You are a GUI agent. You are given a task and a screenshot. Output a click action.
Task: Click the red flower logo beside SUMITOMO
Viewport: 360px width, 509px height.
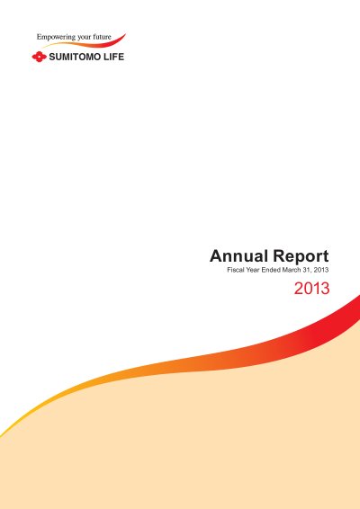coord(39,57)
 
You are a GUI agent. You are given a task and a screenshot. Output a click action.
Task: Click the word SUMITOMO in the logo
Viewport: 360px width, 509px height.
coord(74,57)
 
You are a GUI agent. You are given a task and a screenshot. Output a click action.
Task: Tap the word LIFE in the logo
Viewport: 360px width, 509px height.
coord(113,57)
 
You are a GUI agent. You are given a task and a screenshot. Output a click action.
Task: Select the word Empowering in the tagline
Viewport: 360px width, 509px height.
coord(56,38)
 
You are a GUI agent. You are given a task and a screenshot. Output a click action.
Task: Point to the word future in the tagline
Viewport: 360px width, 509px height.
coord(102,37)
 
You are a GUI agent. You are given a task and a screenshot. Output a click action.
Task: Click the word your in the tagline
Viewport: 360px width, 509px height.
coord(84,38)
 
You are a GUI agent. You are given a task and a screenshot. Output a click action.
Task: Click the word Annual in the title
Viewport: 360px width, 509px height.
coord(238,255)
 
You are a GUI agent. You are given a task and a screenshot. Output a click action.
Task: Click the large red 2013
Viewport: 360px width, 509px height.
coord(312,289)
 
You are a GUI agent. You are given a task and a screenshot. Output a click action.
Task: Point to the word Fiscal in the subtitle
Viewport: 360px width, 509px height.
coord(236,270)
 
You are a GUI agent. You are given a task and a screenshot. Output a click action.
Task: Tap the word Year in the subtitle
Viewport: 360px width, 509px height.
coord(253,270)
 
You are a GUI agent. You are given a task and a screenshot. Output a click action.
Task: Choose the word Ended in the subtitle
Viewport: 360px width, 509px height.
coord(271,270)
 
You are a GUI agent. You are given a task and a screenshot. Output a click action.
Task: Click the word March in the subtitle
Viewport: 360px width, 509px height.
coord(292,270)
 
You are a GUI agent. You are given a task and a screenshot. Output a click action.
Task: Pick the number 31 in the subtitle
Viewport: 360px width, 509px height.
coord(307,270)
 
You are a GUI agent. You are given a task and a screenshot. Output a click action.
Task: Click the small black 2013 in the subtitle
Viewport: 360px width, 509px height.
coord(321,270)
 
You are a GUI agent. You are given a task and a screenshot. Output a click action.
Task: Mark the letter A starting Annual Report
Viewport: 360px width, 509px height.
coord(216,255)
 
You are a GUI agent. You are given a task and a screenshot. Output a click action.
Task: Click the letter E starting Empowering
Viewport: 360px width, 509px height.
coord(40,37)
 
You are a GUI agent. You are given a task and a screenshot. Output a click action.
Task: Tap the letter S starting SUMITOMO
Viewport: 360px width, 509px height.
coord(52,57)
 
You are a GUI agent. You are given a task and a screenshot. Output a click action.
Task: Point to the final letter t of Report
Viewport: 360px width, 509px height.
coord(326,256)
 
